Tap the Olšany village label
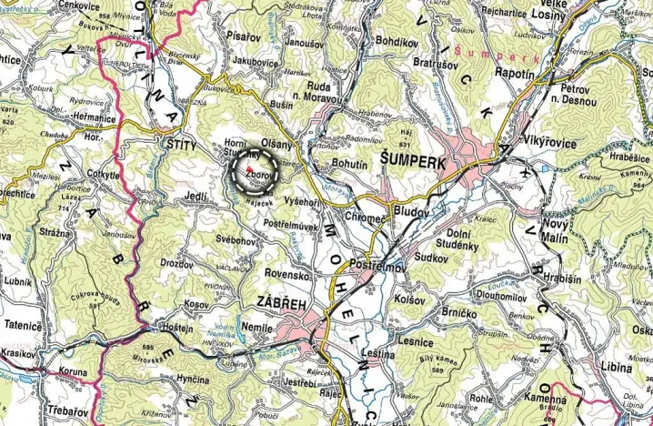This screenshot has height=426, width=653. (x=279, y=145)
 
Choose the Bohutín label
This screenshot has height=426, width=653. (x=351, y=163)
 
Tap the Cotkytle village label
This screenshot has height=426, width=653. (x=104, y=175)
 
